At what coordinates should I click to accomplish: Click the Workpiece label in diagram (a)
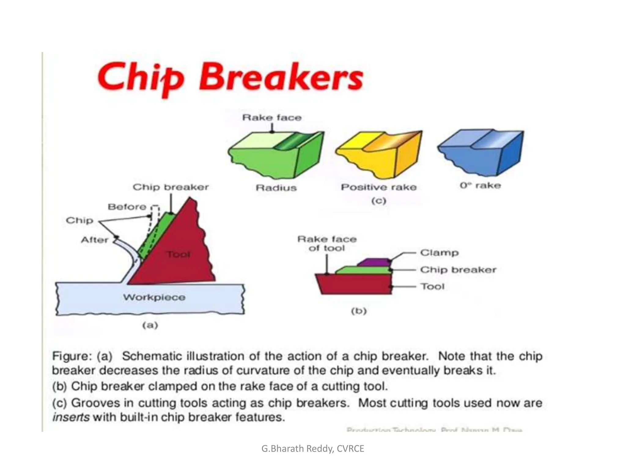tap(154, 297)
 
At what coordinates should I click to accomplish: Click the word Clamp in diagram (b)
tap(439, 253)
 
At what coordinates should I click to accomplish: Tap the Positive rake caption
tap(378, 187)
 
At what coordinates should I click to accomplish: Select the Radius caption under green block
tap(276, 188)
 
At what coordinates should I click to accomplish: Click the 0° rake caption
tap(480, 185)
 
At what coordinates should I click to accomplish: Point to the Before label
tap(127, 207)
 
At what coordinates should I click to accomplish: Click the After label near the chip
tap(94, 240)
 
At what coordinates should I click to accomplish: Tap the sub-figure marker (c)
tap(379, 201)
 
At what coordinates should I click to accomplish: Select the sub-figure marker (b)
tap(359, 311)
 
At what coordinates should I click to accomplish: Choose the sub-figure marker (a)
tap(150, 325)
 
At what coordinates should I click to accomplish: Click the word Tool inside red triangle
tap(179, 254)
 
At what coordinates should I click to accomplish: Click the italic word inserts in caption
tap(71, 417)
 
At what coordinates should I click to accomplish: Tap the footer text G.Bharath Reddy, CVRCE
tap(313, 449)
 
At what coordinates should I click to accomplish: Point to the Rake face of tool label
tap(327, 244)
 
